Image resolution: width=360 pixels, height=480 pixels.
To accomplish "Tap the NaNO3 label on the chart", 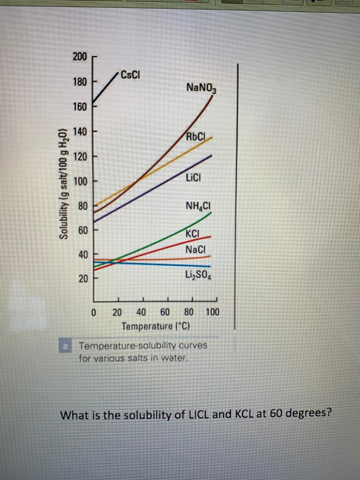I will point(201,88).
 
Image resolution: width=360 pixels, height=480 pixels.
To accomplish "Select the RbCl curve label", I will point(195,137).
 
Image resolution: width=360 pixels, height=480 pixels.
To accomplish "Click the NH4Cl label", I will point(199,206).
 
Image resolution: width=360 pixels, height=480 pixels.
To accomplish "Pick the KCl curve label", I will point(192,234).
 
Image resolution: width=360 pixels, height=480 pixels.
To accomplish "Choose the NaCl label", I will point(195,249).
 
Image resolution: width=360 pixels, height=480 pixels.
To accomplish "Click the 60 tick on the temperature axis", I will point(165,312).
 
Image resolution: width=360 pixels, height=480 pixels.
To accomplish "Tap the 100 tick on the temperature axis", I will point(212,312).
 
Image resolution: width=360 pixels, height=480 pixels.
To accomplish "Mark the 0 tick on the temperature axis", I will point(94,312).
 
